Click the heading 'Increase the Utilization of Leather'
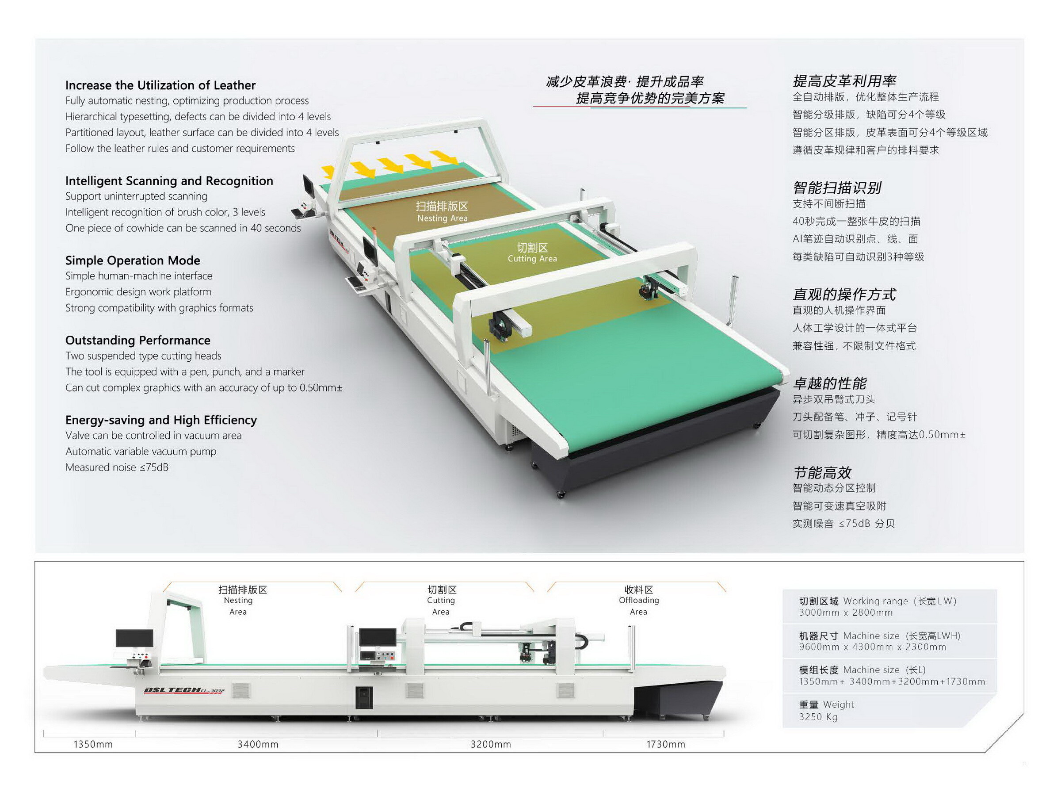point(160,85)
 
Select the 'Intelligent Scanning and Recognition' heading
point(169,181)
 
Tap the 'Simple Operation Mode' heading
point(132,260)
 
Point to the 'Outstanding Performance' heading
point(137,340)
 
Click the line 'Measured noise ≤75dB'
point(117,467)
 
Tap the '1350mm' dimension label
point(93,744)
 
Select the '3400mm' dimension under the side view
point(258,744)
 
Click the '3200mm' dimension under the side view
point(490,744)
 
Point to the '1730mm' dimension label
point(665,744)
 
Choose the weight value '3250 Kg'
point(818,717)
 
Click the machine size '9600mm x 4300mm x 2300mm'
point(872,647)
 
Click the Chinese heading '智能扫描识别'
point(837,188)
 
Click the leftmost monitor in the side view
point(134,639)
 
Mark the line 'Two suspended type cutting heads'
point(143,356)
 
